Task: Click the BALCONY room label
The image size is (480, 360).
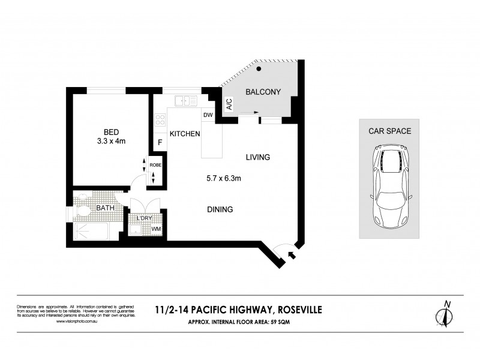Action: coord(263,92)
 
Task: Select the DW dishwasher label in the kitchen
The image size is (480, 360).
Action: coord(208,114)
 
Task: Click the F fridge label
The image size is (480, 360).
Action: coord(160,143)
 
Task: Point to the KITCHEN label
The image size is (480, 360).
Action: coord(184,134)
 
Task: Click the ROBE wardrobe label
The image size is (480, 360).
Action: coord(155,164)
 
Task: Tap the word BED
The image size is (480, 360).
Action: coord(110,132)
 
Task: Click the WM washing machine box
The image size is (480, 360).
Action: coord(155,229)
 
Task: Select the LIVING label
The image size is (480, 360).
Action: coord(257,157)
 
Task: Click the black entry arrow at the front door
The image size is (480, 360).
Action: coord(292,255)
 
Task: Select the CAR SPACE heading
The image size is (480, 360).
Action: coord(389,131)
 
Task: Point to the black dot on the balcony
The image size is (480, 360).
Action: coord(259,70)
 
